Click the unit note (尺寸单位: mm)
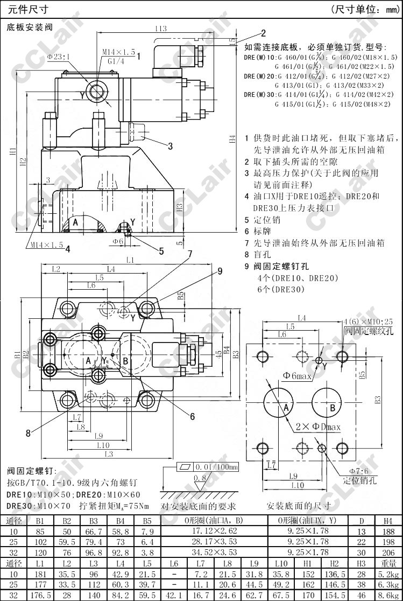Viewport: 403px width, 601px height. click(364, 9)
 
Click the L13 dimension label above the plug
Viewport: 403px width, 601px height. click(160, 29)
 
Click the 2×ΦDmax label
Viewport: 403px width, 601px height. click(318, 427)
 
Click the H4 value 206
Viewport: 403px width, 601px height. click(388, 552)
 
